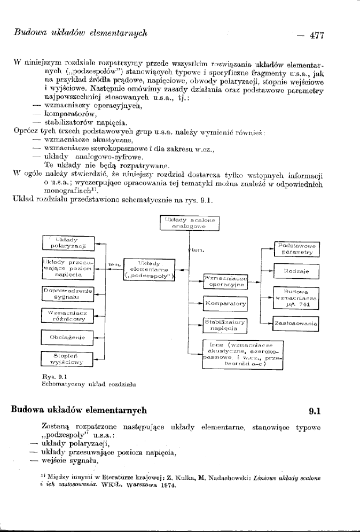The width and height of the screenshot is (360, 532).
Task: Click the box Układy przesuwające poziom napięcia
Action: [68, 268]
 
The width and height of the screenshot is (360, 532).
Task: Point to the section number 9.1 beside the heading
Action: [317, 412]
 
